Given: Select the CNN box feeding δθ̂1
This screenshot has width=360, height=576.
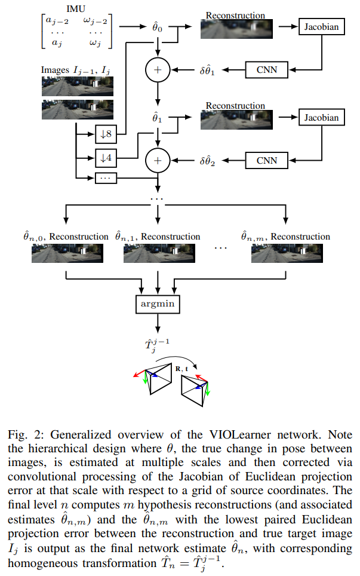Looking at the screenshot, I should click(266, 71).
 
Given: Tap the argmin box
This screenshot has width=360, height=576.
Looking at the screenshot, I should click(158, 304).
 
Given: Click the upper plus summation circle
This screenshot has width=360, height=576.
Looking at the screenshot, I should click(158, 71).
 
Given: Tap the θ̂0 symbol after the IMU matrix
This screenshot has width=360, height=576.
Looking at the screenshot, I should click(158, 27).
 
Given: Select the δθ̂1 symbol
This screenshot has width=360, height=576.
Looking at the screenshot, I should click(212, 71).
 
